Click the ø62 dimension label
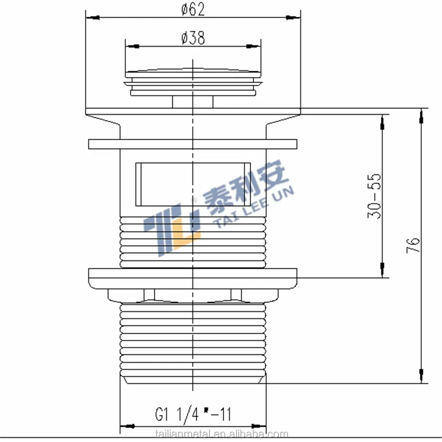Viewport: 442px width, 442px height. (x=193, y=9)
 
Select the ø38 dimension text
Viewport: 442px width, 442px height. (x=193, y=38)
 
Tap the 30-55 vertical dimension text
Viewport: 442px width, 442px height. (x=374, y=196)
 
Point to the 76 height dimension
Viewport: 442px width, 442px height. (x=413, y=245)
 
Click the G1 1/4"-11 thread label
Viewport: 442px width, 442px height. (x=193, y=414)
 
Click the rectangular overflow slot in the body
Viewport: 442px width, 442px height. (x=193, y=184)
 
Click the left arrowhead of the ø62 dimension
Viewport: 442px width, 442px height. (x=92, y=18)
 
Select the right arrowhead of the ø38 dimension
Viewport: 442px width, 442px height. (x=253, y=46)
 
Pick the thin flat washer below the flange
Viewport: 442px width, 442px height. (x=193, y=144)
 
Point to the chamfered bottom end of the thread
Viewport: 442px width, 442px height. (x=193, y=379)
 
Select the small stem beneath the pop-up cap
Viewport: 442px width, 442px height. (x=193, y=102)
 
